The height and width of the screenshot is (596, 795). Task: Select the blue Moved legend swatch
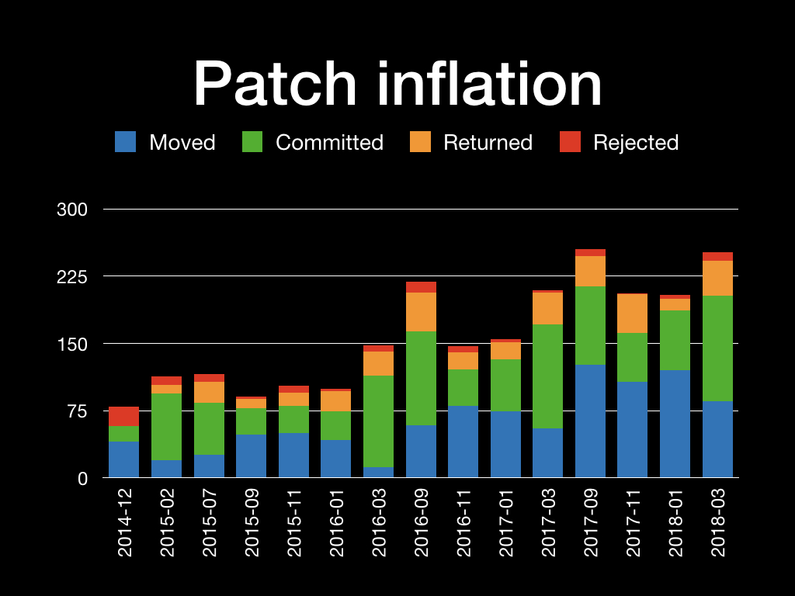(x=125, y=142)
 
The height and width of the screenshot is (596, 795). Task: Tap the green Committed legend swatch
(x=252, y=142)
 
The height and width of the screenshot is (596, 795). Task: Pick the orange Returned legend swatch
(x=420, y=142)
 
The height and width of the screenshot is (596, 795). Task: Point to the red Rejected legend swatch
(x=570, y=142)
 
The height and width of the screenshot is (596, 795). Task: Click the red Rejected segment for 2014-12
(x=124, y=416)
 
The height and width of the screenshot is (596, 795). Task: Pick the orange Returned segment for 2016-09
(x=421, y=312)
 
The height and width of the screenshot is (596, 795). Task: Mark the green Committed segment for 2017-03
(x=547, y=376)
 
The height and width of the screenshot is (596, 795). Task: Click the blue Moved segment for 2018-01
(x=675, y=424)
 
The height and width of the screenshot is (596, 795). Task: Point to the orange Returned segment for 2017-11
(x=633, y=314)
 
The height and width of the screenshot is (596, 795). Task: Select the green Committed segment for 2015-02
(x=166, y=427)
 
